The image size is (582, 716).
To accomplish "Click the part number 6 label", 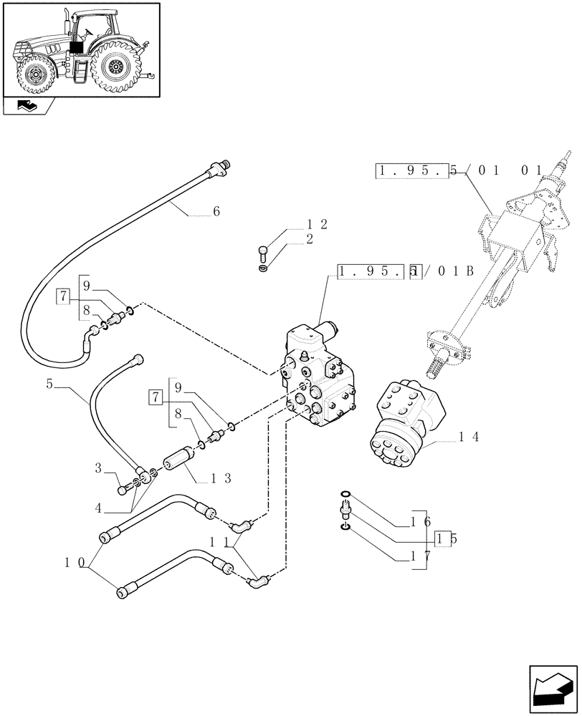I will click(216, 211).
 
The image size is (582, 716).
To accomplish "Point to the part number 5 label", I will click(49, 384).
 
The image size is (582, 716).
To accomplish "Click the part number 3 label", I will click(98, 469).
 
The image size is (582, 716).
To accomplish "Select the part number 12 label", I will click(317, 225).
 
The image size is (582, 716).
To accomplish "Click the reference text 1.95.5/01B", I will click(405, 272).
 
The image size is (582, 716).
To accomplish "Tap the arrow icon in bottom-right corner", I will click(551, 688).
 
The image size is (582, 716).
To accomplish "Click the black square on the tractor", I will click(76, 47).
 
